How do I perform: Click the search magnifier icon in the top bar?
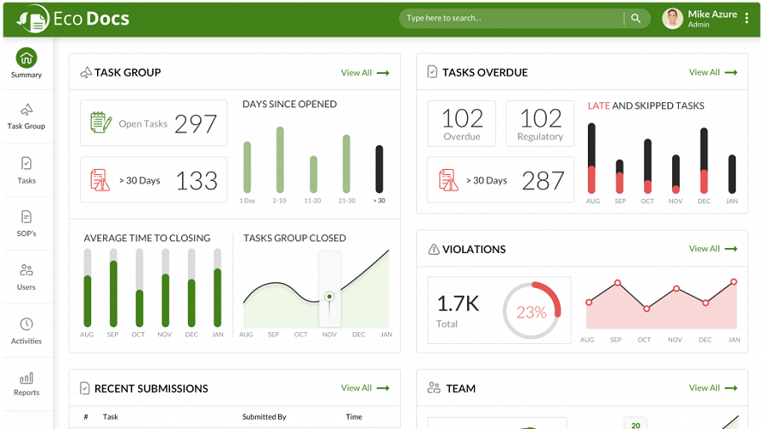coord(636,18)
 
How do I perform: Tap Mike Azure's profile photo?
coord(673,18)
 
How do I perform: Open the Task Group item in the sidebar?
coord(26,116)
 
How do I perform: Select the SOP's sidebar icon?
coord(27,216)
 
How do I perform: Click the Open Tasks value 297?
coord(196,124)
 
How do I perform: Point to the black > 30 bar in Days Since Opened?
coord(379,169)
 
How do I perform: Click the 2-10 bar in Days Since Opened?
coord(280,160)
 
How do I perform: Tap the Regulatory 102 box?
coord(539,123)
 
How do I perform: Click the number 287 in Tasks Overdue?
coord(543,180)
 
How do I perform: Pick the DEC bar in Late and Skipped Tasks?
coord(704,160)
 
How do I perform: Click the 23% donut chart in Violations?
coord(531,312)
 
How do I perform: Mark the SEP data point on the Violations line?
coord(616,282)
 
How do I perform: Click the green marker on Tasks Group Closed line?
coord(329,297)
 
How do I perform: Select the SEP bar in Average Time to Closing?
coord(112,293)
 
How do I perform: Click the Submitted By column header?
coord(264,417)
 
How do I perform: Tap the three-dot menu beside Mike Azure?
coord(747,18)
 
